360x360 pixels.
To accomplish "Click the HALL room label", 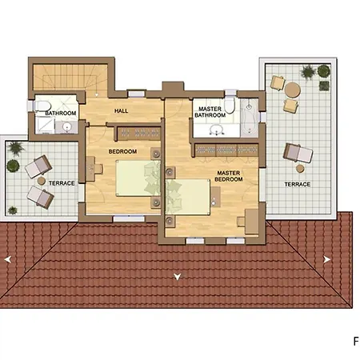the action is [121, 110].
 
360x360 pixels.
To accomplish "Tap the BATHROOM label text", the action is [61, 113].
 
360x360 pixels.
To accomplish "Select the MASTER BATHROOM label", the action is [210, 112].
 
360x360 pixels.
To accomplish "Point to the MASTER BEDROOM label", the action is [229, 176].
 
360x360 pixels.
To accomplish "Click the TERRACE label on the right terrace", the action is [298, 184].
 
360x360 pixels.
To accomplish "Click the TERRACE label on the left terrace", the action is [62, 183].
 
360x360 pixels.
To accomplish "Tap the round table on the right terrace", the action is [293, 90].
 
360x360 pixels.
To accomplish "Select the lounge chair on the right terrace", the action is [298, 153].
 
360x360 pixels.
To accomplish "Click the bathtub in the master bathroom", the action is [249, 118].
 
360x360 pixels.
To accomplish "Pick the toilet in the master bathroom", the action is [230, 105].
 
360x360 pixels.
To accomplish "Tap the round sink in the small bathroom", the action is [66, 127].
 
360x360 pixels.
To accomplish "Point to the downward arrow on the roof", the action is [178, 277].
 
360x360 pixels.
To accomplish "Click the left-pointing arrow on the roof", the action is [8, 259].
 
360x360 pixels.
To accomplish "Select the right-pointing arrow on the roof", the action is [327, 259].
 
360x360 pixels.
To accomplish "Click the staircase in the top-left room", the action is [70, 78].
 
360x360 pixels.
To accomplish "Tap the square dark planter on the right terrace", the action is [324, 86].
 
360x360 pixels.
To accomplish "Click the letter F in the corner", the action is [356, 342].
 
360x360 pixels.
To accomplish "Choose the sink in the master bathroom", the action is [217, 130].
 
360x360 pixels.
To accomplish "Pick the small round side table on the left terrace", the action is [42, 181].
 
